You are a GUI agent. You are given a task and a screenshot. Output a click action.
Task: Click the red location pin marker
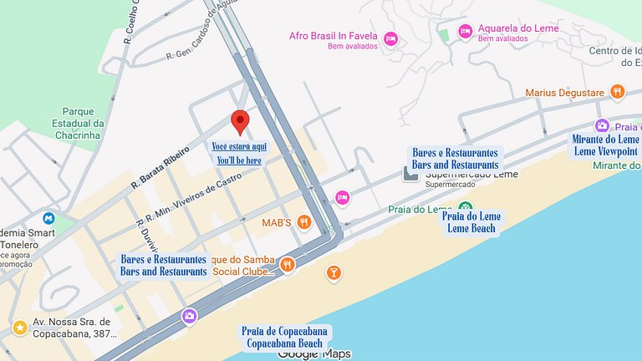click(240, 121)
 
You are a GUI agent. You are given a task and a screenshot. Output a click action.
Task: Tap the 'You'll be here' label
click(239, 160)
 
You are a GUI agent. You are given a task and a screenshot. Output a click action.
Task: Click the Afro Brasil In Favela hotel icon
click(390, 38)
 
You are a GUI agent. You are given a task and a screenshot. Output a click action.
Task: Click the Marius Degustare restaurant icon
click(617, 92)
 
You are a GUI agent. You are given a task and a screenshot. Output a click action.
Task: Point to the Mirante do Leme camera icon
click(601, 126)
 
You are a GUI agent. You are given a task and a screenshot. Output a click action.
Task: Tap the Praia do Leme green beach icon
click(466, 207)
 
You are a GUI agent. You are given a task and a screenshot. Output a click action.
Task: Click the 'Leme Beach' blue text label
click(471, 228)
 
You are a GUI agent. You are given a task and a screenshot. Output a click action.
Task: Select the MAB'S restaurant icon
click(304, 222)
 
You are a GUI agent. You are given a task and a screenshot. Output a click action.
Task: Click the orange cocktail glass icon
click(334, 272)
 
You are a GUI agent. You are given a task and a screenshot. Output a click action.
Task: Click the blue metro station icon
click(48, 218)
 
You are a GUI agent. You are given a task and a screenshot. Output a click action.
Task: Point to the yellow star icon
click(19, 327)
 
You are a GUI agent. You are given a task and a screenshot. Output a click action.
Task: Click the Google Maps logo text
click(313, 353)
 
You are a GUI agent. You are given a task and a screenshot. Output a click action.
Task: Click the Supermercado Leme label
click(471, 175)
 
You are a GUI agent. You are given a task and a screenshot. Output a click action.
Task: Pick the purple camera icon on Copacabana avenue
click(189, 316)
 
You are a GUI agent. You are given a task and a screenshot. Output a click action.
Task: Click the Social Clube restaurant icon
click(288, 264)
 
